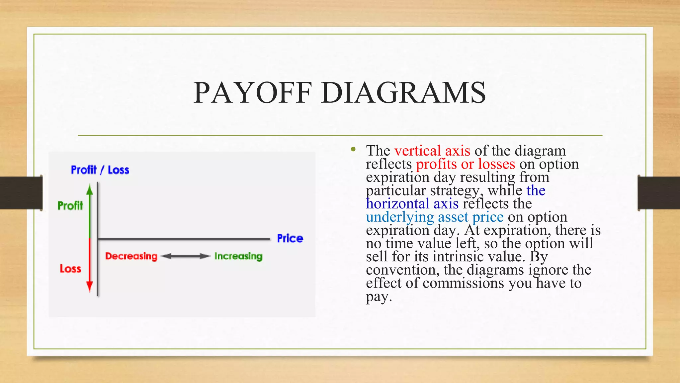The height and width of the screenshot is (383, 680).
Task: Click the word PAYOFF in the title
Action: tap(253, 93)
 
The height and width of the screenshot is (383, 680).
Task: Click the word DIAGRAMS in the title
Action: tap(403, 93)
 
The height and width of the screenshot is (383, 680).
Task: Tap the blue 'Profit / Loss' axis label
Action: tap(100, 170)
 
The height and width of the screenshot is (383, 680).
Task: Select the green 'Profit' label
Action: tap(70, 205)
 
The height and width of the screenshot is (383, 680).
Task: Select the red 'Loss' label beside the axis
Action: tap(70, 269)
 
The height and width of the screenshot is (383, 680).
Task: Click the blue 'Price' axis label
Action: tap(290, 238)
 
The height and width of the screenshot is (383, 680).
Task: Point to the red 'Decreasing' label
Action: tap(131, 256)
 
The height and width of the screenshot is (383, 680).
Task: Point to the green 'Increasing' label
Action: tap(238, 256)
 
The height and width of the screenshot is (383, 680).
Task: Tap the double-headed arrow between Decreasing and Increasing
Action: tap(186, 256)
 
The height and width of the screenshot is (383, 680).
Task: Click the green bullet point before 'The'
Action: tap(353, 149)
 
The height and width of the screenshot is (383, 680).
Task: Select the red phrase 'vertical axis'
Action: tap(432, 151)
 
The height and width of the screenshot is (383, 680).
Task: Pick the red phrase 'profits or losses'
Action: tap(466, 164)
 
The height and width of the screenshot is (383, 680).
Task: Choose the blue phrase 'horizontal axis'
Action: tap(412, 204)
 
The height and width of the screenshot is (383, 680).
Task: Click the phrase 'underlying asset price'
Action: tap(435, 217)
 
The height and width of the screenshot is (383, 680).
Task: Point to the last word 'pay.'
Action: tap(379, 297)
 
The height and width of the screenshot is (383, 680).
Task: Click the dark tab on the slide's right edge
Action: tap(658, 193)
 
